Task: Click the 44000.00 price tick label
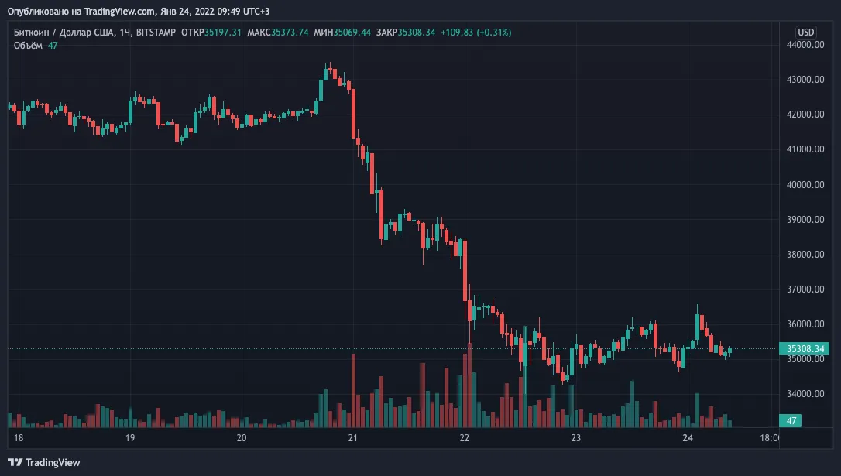coord(805,44)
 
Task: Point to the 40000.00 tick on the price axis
coord(805,184)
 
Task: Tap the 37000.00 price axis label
coord(805,289)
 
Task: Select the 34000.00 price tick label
coord(805,394)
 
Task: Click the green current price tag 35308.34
coord(805,349)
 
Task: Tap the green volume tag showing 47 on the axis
coord(791,421)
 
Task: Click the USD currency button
coord(805,33)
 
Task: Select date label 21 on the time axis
coord(352,438)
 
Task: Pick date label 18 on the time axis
coord(19,438)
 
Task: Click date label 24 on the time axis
coord(688,438)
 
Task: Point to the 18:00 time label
coord(770,438)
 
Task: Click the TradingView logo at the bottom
coord(44,463)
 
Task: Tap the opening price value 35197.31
coord(222,33)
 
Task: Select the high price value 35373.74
coord(290,33)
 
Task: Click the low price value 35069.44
coord(352,33)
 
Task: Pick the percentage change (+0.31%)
coord(493,33)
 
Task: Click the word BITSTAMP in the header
coord(156,33)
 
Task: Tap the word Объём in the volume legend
coord(28,46)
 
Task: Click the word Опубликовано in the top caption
coord(38,12)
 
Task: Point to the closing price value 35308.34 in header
coord(416,33)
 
